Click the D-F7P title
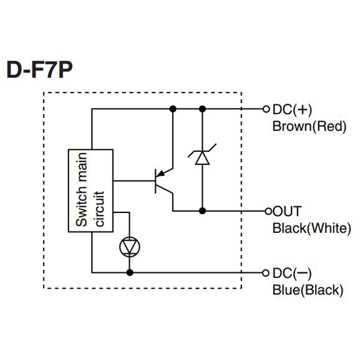(40, 70)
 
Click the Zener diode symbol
(202, 157)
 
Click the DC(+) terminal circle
(268, 109)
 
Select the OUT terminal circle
(268, 211)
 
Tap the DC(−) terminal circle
(268, 272)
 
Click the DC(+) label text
(293, 110)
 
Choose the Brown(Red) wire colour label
(310, 127)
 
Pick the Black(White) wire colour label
(311, 228)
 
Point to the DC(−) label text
(293, 273)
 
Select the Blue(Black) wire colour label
(308, 290)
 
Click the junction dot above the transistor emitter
(173, 109)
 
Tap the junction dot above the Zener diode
(202, 109)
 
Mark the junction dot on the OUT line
(202, 211)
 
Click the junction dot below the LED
(129, 272)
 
